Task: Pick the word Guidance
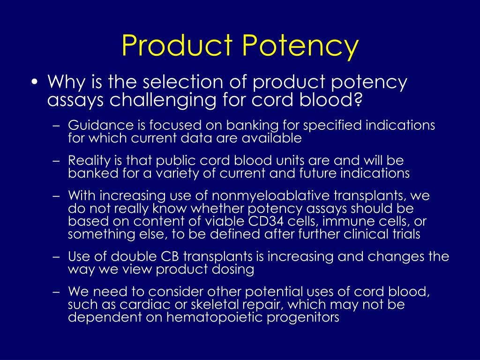point(95,125)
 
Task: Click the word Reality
point(89,160)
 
